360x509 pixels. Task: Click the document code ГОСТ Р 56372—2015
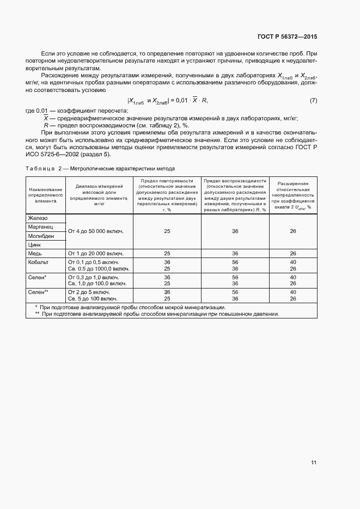(x=286, y=36)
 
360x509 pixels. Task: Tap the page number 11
(x=314, y=462)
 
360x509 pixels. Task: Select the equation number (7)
(x=313, y=101)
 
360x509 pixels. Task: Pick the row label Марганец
(x=40, y=227)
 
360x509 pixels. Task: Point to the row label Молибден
(x=40, y=236)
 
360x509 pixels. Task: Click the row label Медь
(x=35, y=254)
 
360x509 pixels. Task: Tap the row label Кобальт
(x=38, y=262)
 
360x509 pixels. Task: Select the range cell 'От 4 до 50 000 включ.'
(x=95, y=231)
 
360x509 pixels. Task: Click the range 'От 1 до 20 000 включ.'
(x=95, y=254)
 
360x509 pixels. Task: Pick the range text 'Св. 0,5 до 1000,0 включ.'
(x=98, y=269)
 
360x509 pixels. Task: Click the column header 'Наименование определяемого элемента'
(x=46, y=194)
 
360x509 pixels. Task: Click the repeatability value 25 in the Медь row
(x=167, y=254)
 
